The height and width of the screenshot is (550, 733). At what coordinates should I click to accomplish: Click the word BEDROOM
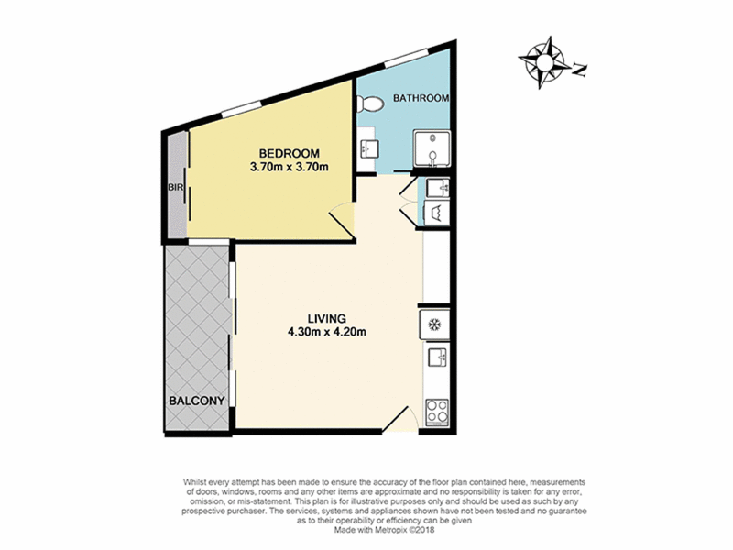[290, 153]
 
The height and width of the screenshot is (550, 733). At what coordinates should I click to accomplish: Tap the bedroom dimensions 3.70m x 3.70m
[290, 167]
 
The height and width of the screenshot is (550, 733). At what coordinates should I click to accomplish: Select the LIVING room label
[327, 319]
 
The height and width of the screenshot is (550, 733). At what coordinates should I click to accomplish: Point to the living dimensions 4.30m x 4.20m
[327, 333]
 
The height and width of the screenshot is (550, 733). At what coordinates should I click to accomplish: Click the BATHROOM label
[421, 98]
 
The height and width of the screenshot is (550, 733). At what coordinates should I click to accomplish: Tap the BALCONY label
[197, 401]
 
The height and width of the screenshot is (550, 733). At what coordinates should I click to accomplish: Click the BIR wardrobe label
[175, 188]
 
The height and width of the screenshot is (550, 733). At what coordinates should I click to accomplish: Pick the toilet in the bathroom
[370, 104]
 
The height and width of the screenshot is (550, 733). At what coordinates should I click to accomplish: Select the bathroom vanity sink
[369, 149]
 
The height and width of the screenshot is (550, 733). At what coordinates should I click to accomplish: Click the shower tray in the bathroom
[432, 148]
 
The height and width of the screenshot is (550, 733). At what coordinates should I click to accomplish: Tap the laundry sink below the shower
[439, 188]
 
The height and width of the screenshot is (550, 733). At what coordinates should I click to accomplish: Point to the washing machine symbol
[437, 214]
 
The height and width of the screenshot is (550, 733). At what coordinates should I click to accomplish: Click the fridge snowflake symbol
[434, 324]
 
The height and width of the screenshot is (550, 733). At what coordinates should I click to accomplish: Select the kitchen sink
[438, 357]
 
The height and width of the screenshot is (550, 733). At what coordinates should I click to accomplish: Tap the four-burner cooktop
[437, 412]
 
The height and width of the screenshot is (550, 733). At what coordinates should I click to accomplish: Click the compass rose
[544, 61]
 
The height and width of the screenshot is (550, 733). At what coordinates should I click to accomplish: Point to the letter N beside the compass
[580, 71]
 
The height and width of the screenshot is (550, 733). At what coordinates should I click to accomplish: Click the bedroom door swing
[343, 221]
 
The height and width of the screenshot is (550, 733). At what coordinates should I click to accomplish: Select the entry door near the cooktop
[399, 420]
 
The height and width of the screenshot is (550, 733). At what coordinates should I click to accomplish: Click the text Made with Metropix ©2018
[384, 530]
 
